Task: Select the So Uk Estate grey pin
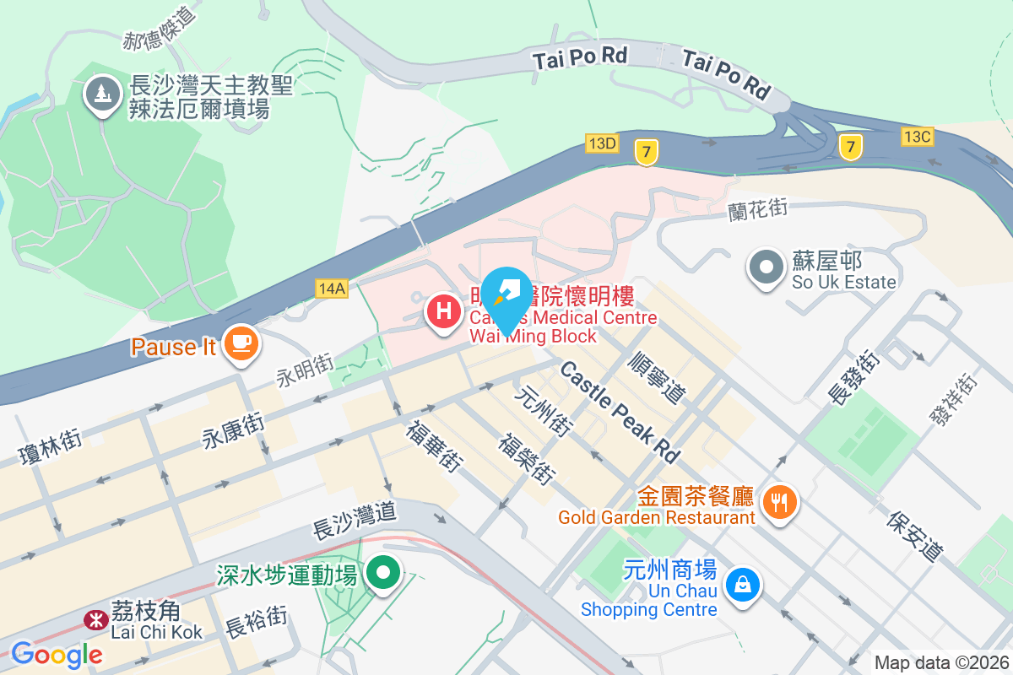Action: [x=767, y=268]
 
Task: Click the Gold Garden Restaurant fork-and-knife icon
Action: [x=778, y=503]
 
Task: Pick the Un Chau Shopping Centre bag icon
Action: [x=743, y=585]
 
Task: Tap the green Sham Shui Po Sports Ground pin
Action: [x=384, y=575]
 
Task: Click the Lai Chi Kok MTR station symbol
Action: [x=95, y=620]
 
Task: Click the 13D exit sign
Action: [x=602, y=143]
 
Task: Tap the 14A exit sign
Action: [x=332, y=288]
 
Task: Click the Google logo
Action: [x=57, y=654]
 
